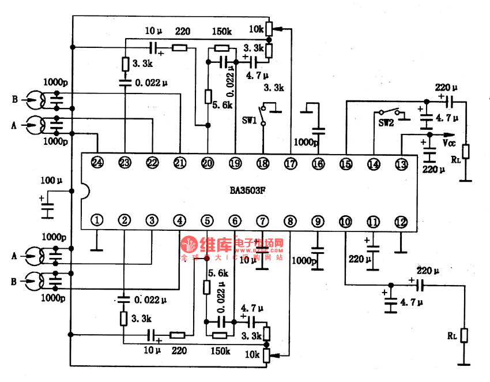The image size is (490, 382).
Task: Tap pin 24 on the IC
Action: pos(97,163)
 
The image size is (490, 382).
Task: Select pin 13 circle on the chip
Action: pos(401,164)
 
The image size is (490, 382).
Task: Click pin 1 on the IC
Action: pos(97,220)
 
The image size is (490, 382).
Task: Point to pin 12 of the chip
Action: pos(401,221)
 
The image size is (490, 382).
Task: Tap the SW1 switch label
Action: pos(248,119)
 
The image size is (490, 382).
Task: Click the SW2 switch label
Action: pos(386,122)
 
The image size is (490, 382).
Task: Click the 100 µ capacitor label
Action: pos(50,181)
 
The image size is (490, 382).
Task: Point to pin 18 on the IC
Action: pos(262,163)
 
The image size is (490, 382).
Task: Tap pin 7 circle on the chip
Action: pos(262,220)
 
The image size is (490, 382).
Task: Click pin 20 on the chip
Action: pos(207,163)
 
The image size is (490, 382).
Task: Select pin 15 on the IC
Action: pos(345,164)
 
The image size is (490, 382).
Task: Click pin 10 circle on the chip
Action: pos(345,221)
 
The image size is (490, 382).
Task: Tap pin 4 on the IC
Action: pos(180,220)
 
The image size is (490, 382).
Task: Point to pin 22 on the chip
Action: pos(152,163)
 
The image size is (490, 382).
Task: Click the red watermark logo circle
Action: pos(189,245)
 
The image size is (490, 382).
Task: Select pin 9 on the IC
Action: pos(317,221)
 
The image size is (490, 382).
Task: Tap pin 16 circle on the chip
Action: pos(318,164)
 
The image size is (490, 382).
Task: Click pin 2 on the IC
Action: pos(124,220)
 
